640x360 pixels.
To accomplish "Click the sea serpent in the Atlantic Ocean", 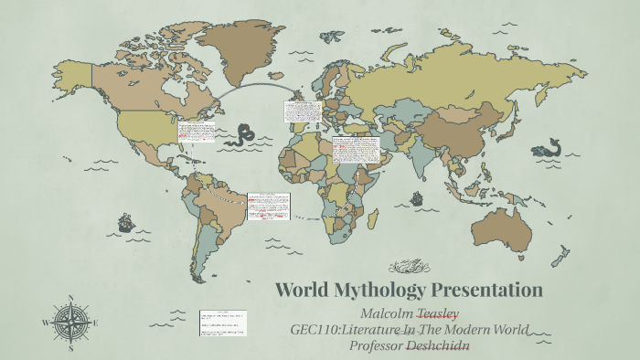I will [243, 135].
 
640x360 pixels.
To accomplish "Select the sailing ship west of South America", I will [125, 222].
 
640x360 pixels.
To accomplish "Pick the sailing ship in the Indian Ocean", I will [417, 197].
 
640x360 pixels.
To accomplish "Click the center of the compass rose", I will [69, 323].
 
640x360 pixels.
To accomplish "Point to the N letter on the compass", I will [69, 298].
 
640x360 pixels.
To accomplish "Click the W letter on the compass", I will [45, 323].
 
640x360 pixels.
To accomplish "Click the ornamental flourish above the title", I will [410, 267].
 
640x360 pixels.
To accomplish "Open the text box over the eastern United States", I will [197, 132].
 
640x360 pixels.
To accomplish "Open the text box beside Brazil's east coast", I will [267, 206].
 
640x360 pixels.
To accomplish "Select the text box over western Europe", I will [302, 117].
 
